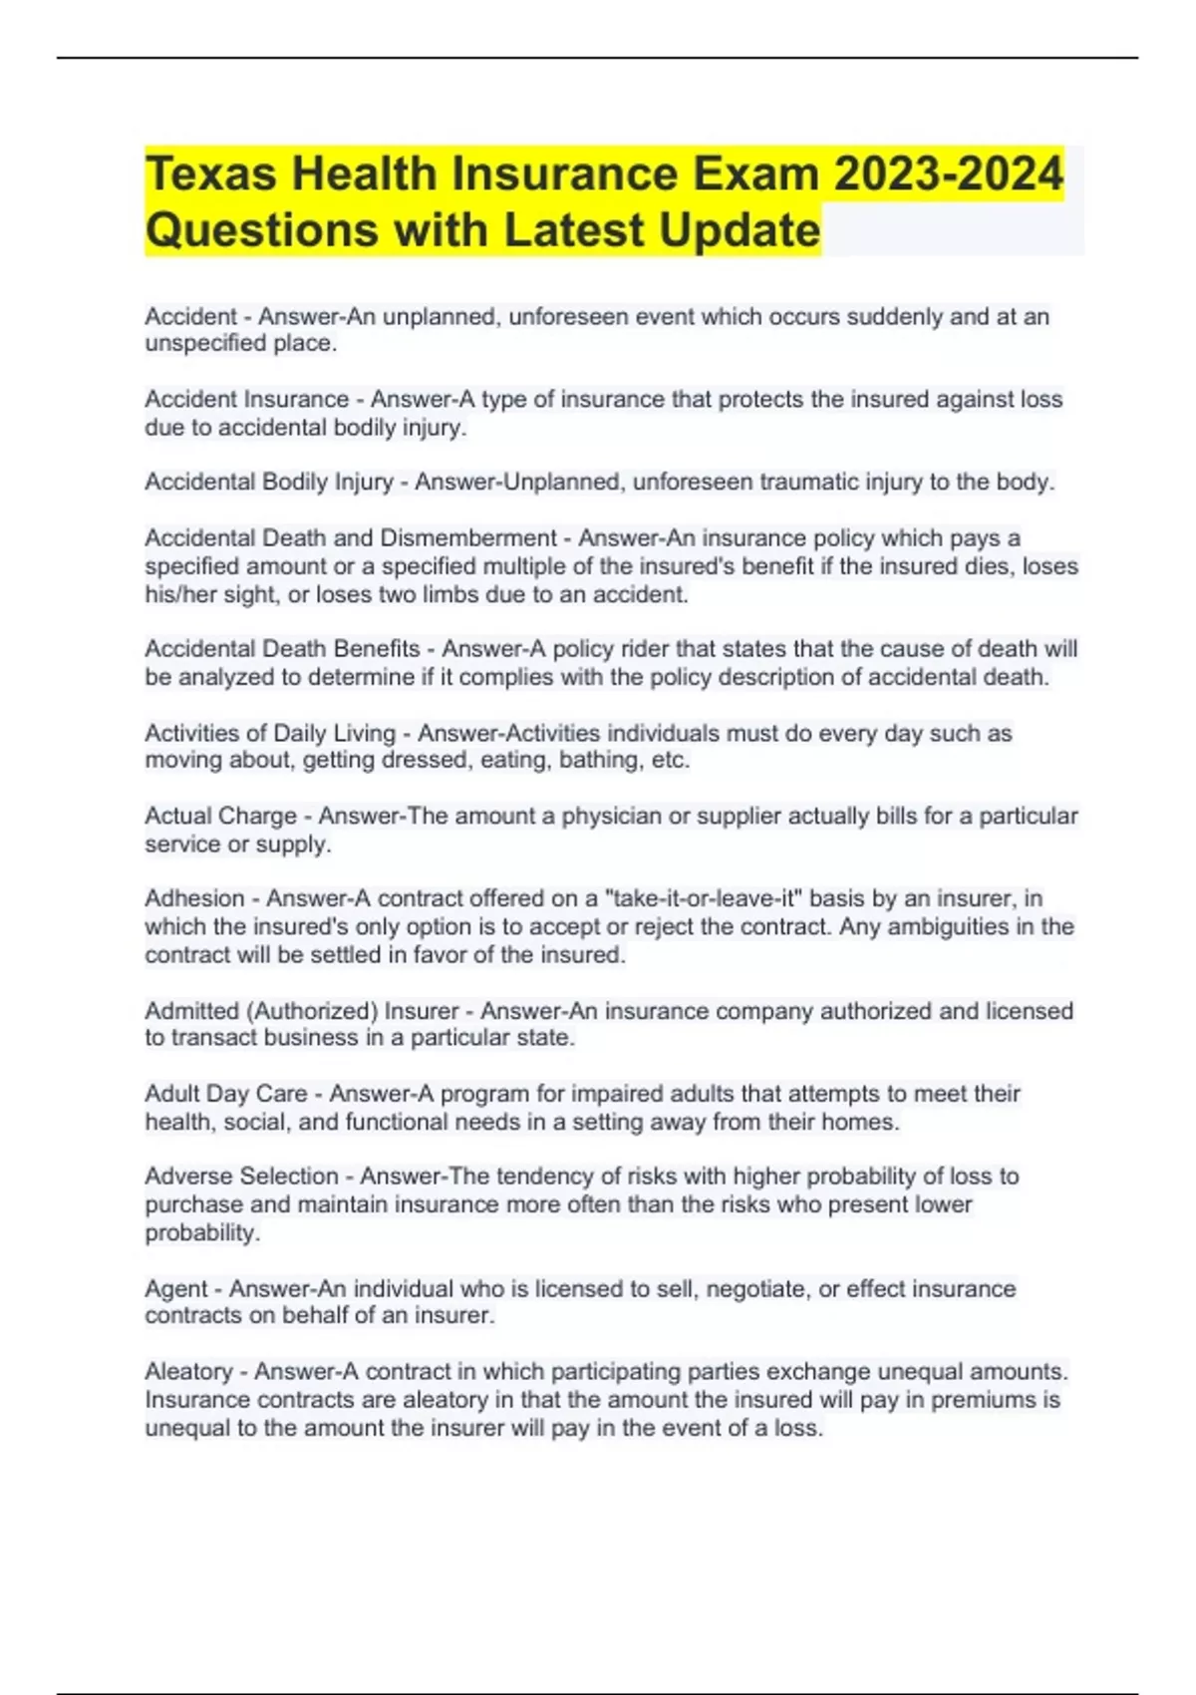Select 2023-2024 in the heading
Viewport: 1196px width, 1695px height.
pos(948,174)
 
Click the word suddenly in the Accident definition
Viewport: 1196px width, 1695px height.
pos(884,317)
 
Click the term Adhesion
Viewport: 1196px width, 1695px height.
pos(194,898)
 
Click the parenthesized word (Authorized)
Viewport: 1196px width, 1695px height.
pos(315,1011)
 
